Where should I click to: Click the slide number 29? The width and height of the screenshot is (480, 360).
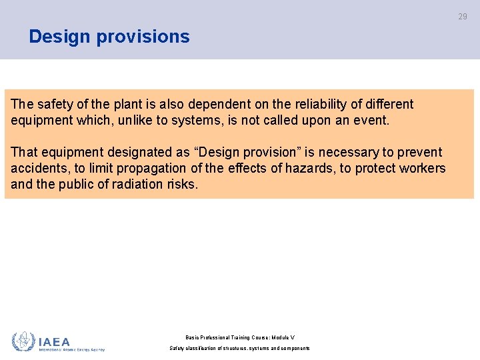(463, 17)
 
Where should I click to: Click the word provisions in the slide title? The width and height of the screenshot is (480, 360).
(143, 37)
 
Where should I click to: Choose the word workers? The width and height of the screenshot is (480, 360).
(421, 169)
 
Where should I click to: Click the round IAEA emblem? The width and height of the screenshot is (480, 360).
(23, 342)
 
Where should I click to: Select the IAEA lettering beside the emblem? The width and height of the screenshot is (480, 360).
(54, 341)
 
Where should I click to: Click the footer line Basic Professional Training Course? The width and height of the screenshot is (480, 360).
(240, 337)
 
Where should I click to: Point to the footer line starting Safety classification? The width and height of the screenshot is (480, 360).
(240, 349)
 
